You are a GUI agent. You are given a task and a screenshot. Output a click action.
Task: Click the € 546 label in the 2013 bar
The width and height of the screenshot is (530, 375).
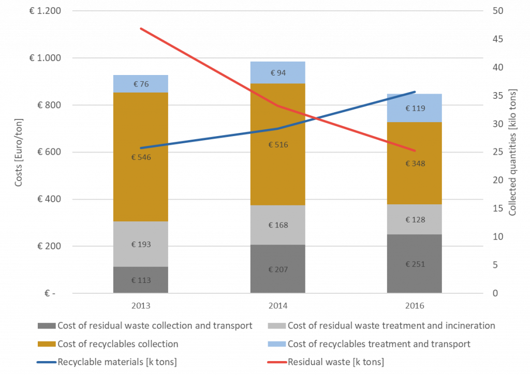[142, 157]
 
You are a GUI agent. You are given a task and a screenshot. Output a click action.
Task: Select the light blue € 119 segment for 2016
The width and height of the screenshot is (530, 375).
[415, 108]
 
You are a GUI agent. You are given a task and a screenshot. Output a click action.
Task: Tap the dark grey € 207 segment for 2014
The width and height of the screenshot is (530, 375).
[278, 269]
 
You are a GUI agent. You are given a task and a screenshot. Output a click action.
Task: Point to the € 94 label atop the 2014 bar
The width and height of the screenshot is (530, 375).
[278, 73]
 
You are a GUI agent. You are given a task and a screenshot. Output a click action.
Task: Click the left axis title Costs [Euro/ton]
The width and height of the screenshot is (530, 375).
[19, 152]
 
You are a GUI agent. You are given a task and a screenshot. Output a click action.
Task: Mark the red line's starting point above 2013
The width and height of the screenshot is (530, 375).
[141, 28]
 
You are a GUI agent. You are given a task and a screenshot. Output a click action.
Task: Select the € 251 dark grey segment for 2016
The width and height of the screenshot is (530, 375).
[415, 264]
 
